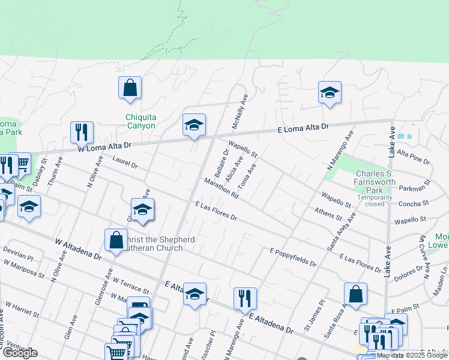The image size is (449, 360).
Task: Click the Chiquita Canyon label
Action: point(140,121)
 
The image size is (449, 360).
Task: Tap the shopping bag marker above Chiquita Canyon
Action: point(130,88)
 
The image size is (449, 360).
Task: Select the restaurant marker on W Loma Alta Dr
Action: point(82,133)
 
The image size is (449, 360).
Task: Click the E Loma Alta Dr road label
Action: point(304,128)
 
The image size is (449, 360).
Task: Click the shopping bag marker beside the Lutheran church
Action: point(115,240)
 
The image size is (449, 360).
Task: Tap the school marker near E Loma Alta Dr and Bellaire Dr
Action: point(194,125)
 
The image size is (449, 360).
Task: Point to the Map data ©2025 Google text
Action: point(412,355)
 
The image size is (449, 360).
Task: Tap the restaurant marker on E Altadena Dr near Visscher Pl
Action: point(245,299)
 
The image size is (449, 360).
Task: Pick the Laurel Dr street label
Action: point(125,161)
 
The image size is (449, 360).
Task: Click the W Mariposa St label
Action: point(23,269)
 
